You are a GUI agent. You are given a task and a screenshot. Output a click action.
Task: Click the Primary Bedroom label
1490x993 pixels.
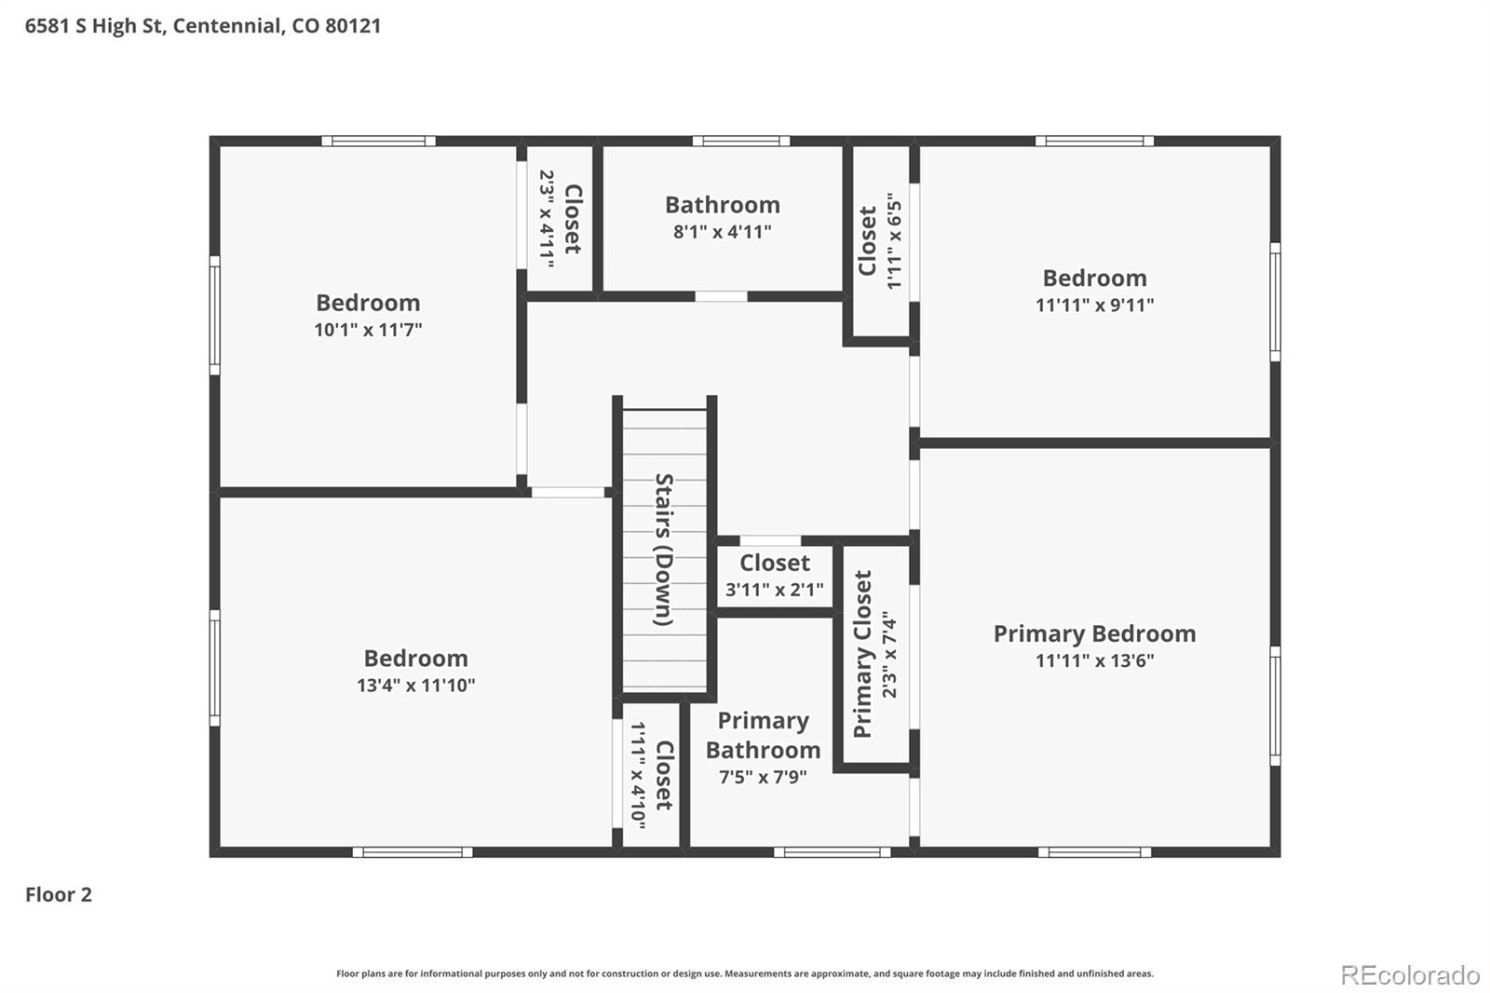click(x=1094, y=633)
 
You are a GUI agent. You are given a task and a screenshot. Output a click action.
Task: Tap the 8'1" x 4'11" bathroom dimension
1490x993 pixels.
click(x=723, y=232)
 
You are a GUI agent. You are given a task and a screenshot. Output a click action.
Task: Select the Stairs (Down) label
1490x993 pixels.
click(x=664, y=550)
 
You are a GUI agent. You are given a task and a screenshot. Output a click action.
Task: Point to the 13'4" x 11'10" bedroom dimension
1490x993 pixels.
click(x=415, y=685)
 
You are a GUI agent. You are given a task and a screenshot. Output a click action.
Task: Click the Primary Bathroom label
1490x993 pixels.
click(x=763, y=735)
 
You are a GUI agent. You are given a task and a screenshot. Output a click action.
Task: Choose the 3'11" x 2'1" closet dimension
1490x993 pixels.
click(x=774, y=589)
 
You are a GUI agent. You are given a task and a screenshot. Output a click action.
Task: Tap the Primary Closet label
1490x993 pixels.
click(x=862, y=654)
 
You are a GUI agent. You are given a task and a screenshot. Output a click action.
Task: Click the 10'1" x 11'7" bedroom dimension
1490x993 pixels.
click(x=368, y=330)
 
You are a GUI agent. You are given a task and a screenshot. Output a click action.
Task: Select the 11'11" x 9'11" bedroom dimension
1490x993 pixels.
click(x=1094, y=305)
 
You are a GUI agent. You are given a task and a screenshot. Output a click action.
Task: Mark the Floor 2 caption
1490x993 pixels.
click(x=59, y=894)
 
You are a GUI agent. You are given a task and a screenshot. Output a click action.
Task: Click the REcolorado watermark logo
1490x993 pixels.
click(x=1410, y=975)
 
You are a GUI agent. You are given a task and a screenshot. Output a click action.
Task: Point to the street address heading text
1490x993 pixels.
click(x=203, y=26)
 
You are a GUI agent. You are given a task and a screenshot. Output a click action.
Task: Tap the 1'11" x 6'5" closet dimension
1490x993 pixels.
click(x=894, y=241)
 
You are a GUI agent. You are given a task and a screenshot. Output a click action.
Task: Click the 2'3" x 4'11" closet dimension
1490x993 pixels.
click(x=546, y=219)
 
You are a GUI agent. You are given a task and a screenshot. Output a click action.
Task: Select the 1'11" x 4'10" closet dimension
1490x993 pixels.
click(x=637, y=775)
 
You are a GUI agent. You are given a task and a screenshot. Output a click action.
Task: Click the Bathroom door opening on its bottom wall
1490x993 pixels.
click(x=721, y=296)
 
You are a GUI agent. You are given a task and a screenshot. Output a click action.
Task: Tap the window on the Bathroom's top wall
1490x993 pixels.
click(x=741, y=141)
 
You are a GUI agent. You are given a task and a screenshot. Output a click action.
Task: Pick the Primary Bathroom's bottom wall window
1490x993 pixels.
click(x=833, y=852)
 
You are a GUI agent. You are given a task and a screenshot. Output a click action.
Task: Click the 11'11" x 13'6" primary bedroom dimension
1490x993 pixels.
click(x=1094, y=660)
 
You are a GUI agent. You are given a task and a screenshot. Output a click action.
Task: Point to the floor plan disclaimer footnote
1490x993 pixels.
click(x=745, y=973)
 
